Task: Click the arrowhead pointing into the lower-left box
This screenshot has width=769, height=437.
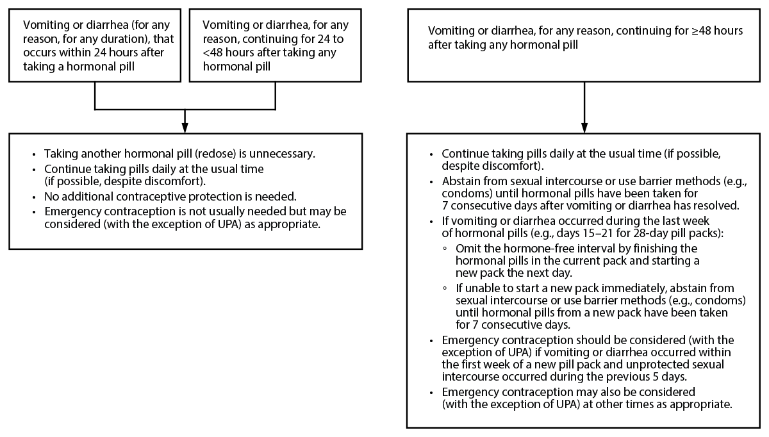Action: pyautogui.click(x=185, y=126)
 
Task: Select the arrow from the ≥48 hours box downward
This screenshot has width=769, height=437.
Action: pyautogui.click(x=584, y=106)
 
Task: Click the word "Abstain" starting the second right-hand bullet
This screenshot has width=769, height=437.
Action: pyautogui.click(x=460, y=181)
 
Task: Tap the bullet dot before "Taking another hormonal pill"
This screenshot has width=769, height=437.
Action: pyautogui.click(x=34, y=154)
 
